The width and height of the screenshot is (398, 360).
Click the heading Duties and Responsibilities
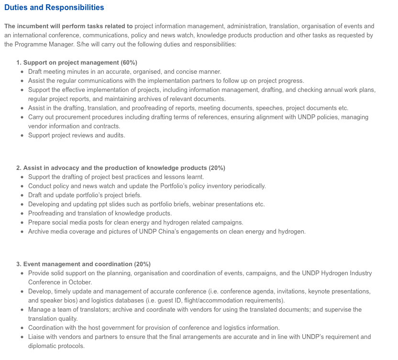[54, 8]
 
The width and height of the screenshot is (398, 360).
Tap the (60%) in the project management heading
[129, 63]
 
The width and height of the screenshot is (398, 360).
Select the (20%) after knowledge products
[217, 168]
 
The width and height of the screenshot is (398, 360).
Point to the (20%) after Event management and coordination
[143, 264]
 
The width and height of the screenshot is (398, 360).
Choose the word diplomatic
[43, 346]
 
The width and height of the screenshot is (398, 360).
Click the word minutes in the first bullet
[73, 72]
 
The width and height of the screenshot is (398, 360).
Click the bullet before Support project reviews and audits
[22, 135]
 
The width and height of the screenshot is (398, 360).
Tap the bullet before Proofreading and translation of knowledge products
[22, 214]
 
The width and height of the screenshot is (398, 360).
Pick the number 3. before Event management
[19, 264]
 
